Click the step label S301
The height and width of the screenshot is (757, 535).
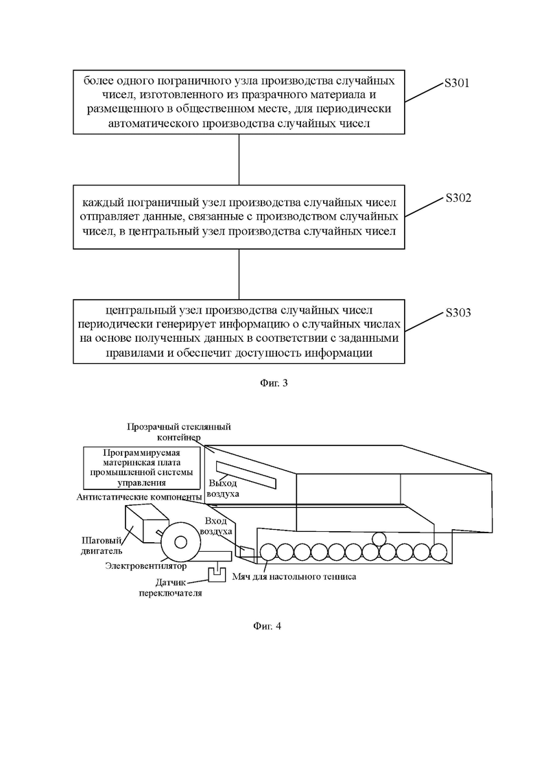(456, 83)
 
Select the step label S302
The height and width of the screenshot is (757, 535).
(457, 198)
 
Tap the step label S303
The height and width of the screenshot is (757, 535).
(457, 313)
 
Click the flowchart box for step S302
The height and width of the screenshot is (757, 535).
(239, 217)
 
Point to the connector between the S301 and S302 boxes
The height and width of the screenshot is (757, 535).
(239, 159)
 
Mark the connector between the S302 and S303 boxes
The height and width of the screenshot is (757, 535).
(239, 275)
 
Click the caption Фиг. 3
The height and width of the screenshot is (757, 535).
(274, 384)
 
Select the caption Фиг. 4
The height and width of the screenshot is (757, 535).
(267, 626)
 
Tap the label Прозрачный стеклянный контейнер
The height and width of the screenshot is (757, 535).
(179, 432)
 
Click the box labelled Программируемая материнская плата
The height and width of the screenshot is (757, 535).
(142, 467)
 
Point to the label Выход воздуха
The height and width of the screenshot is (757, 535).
(223, 488)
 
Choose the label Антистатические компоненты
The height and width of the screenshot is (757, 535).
(139, 497)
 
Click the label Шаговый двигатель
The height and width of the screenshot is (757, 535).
(102, 546)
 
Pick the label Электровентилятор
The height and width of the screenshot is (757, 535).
(145, 566)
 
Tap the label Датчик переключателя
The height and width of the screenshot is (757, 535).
(170, 587)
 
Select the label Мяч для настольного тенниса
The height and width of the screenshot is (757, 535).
(294, 577)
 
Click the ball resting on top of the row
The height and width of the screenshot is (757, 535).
(379, 538)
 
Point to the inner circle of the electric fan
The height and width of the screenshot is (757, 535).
(180, 542)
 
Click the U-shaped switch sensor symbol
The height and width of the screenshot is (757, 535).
(217, 574)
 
